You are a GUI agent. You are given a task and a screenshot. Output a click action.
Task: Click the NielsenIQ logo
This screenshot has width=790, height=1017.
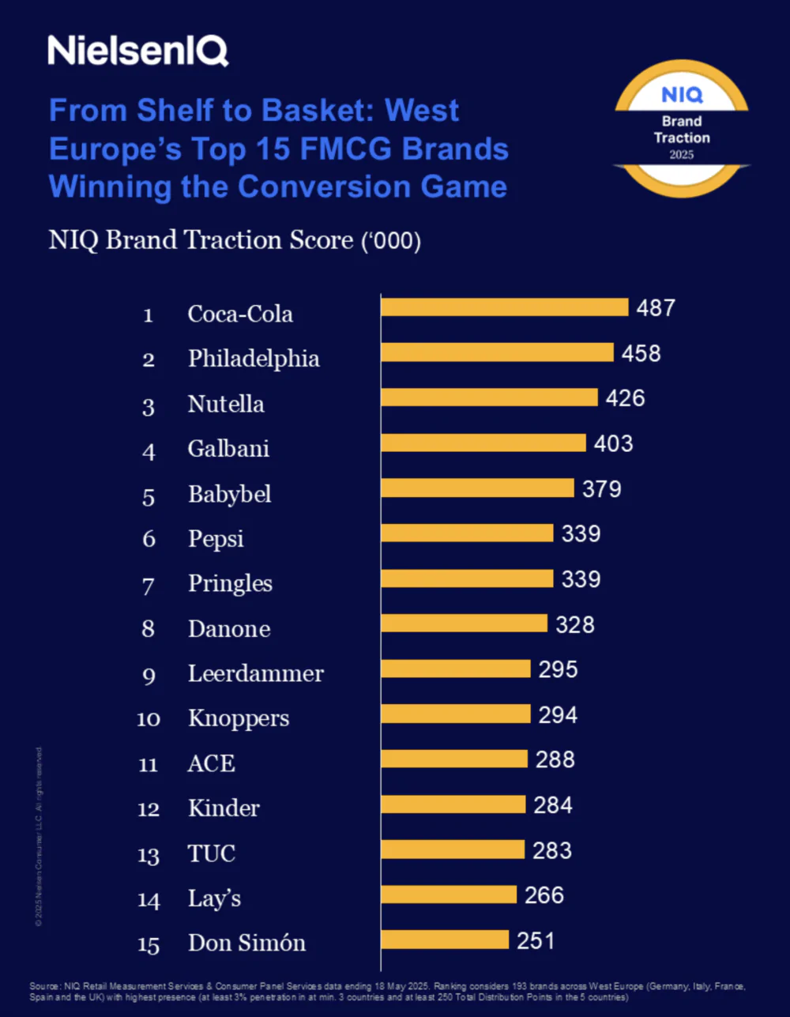point(137,51)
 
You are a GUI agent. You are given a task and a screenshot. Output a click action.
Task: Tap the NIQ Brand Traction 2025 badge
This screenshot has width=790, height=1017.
point(681,129)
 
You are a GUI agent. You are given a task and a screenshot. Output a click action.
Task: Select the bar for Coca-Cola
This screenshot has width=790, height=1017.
point(504,307)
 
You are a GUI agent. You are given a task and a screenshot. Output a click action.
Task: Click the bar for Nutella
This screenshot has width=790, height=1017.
point(489,397)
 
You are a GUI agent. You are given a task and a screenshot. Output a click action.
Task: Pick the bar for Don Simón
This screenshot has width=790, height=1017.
point(445,940)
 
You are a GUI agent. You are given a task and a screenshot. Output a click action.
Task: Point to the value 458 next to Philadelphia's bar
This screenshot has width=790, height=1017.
point(641,353)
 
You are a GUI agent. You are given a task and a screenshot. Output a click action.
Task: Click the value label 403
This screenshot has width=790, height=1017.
point(613,443)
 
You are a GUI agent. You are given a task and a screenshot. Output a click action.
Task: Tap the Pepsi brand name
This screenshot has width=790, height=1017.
point(216,539)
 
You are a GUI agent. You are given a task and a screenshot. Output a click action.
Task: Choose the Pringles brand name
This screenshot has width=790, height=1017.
point(230,584)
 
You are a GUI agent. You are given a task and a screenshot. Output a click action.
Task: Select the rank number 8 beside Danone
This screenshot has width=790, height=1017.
point(149,629)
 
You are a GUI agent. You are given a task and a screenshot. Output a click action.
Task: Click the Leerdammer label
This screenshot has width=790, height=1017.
point(255,674)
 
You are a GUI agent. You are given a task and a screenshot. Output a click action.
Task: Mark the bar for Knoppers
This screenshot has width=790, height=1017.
point(456,714)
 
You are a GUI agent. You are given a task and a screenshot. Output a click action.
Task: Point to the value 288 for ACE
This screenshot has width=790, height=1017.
point(555,759)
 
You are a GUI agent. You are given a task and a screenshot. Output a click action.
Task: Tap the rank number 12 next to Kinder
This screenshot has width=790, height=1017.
point(149,809)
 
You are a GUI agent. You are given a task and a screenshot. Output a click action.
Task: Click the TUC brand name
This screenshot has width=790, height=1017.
point(212,853)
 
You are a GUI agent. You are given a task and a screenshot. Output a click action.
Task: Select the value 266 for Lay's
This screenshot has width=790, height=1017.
point(544,895)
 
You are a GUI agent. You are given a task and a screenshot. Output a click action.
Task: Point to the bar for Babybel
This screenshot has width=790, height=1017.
point(477,488)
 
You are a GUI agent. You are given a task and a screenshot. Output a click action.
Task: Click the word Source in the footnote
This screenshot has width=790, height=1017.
point(43,986)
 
